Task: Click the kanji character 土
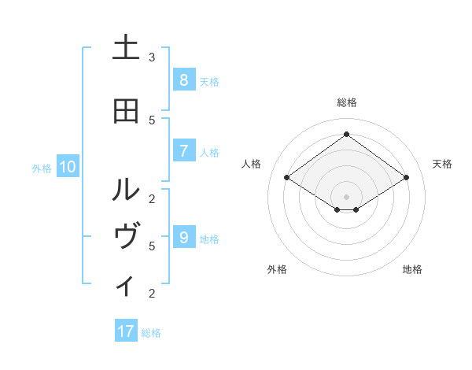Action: point(126,47)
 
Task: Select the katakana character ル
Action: point(126,189)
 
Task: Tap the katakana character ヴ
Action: point(126,237)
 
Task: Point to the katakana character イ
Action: point(126,285)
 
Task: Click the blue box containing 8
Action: point(183,80)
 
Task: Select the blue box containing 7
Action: point(183,151)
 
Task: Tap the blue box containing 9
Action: point(183,238)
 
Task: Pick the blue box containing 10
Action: point(68,167)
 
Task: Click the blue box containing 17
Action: point(126,331)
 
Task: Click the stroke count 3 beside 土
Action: point(152,57)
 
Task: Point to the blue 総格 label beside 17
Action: point(151,333)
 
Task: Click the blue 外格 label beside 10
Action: point(41,168)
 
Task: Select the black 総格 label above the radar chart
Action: point(346,102)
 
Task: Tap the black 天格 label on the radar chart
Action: point(442,164)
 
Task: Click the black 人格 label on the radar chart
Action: point(251,164)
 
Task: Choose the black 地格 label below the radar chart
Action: point(412,269)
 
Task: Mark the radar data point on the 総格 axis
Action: point(346,134)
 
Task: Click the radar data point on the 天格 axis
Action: point(406,178)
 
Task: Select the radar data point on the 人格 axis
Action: point(286,178)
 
